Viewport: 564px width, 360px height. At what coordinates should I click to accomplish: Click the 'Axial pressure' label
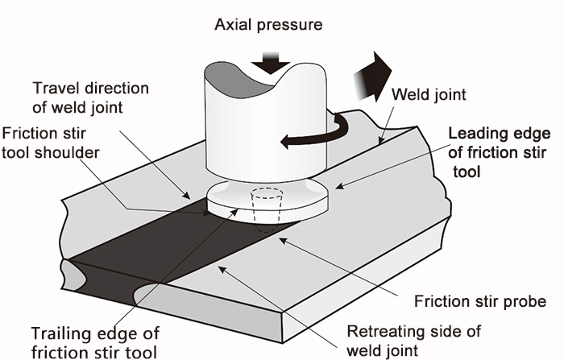[268, 25]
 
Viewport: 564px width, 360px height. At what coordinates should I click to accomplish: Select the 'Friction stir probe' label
[480, 302]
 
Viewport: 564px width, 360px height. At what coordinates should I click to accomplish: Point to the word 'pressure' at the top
[294, 25]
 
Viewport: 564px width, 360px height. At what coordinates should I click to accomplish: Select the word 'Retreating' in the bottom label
[384, 331]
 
